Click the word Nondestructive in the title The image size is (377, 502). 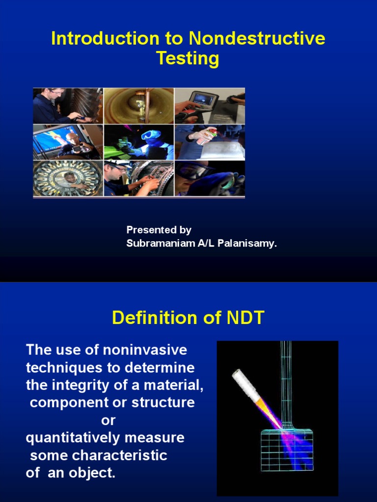(257, 39)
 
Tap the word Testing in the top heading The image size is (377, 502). (188, 58)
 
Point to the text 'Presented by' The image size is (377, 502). (159, 230)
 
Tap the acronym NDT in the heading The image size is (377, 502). (245, 318)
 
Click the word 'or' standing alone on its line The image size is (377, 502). (108, 421)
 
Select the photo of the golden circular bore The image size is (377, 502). (139, 105)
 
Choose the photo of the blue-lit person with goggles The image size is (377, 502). (139, 142)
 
